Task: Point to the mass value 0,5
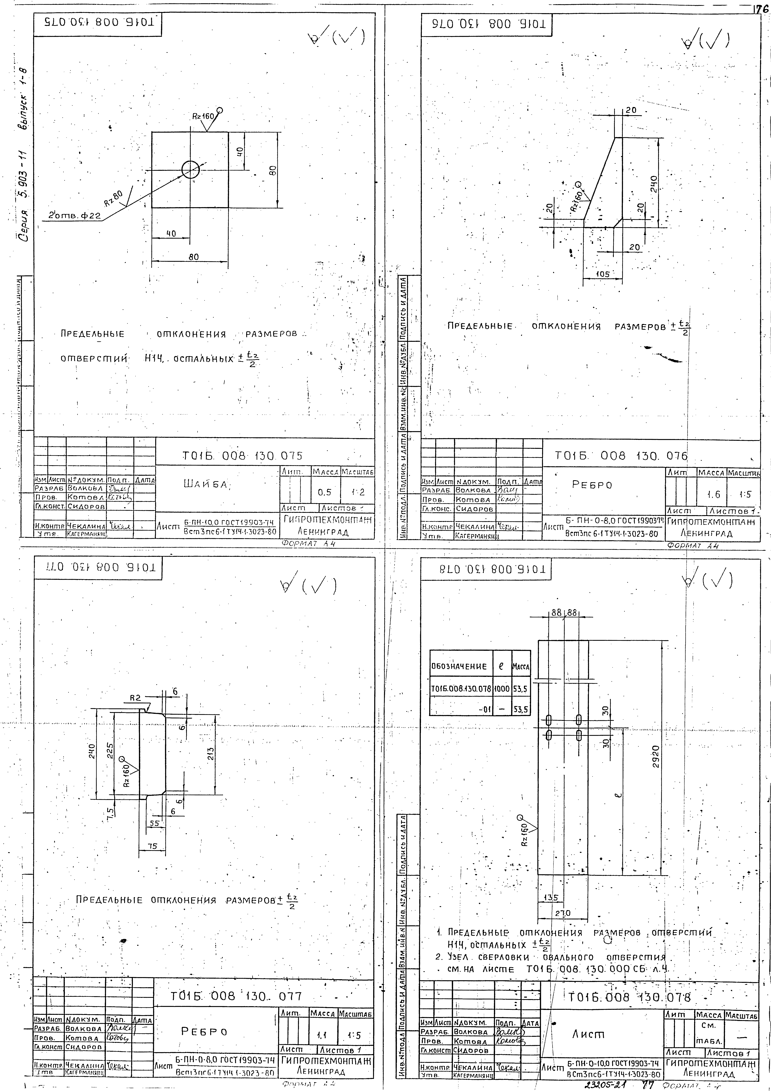325,493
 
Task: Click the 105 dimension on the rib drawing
603,274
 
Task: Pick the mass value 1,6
714,495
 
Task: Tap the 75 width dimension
152,846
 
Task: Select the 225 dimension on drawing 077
110,751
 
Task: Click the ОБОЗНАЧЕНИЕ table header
459,666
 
